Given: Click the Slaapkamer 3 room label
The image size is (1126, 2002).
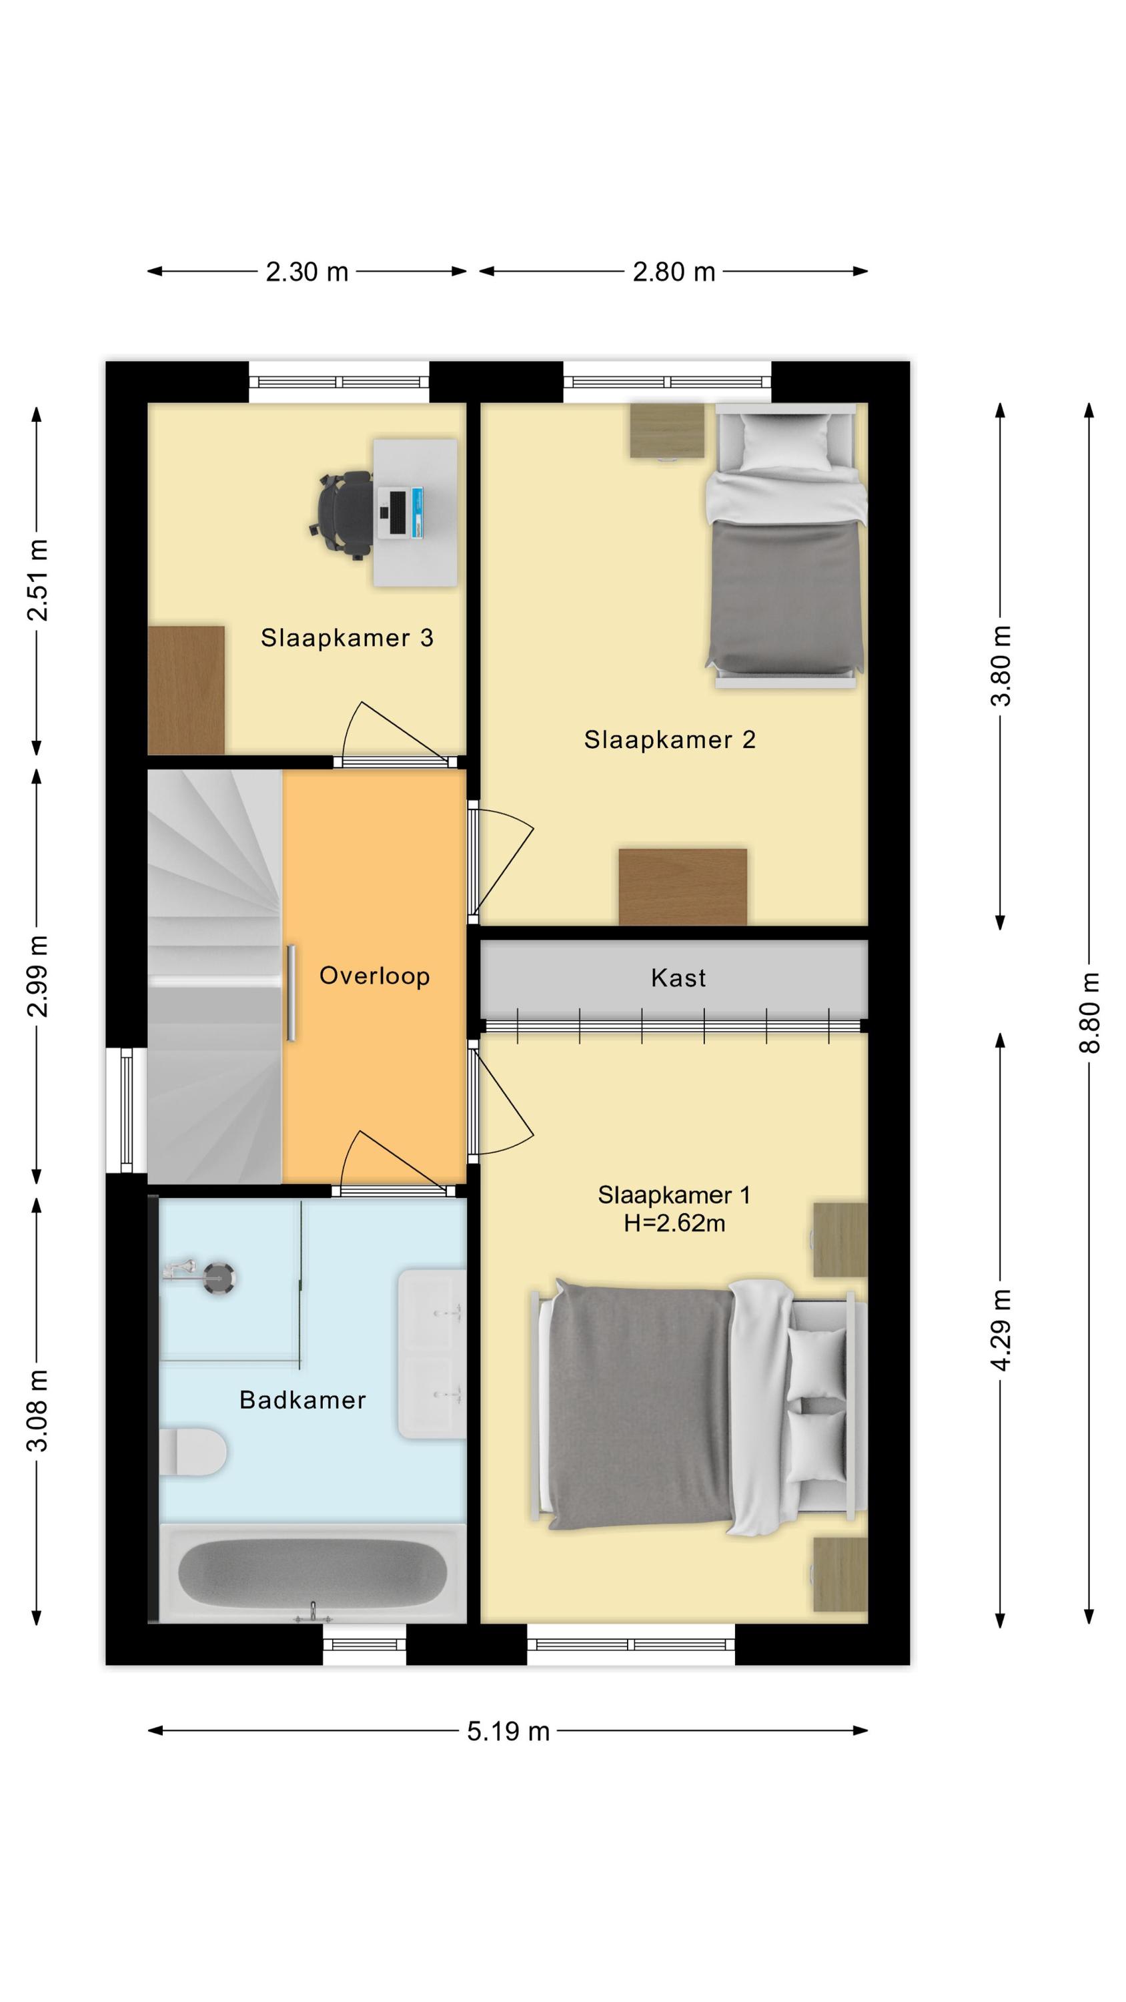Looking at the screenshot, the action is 347,638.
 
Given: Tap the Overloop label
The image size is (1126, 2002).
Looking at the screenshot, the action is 375,976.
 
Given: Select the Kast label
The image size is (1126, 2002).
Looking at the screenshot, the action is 678,978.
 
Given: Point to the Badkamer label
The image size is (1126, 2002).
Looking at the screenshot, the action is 302,1399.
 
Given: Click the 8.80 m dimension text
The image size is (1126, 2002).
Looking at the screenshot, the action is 1089,1012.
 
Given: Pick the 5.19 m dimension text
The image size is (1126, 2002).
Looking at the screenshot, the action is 508,1732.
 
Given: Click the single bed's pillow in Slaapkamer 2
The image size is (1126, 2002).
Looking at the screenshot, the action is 785,441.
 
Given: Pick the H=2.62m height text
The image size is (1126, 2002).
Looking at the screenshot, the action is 674,1223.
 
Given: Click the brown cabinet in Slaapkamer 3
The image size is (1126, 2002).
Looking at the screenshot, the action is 187,690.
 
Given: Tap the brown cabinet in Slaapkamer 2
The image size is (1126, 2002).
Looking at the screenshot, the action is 683,887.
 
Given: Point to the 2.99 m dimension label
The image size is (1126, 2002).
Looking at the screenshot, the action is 37,977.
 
